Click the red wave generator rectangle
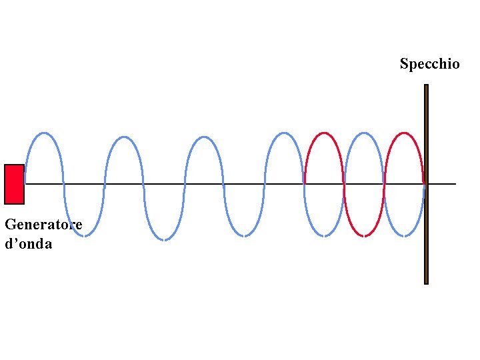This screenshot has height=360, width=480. [x=14, y=184]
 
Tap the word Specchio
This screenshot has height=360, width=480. [x=429, y=64]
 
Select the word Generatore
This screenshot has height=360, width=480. [x=43, y=225]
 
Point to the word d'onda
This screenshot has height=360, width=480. [x=28, y=244]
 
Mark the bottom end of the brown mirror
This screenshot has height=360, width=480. [x=426, y=283]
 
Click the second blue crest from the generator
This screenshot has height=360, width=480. [x=123, y=137]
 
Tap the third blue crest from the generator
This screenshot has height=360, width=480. [x=203, y=137]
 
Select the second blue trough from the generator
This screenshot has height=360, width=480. [x=163, y=239]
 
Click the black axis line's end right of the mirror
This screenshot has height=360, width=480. [x=455, y=184]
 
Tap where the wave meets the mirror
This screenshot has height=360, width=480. [x=425, y=184]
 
